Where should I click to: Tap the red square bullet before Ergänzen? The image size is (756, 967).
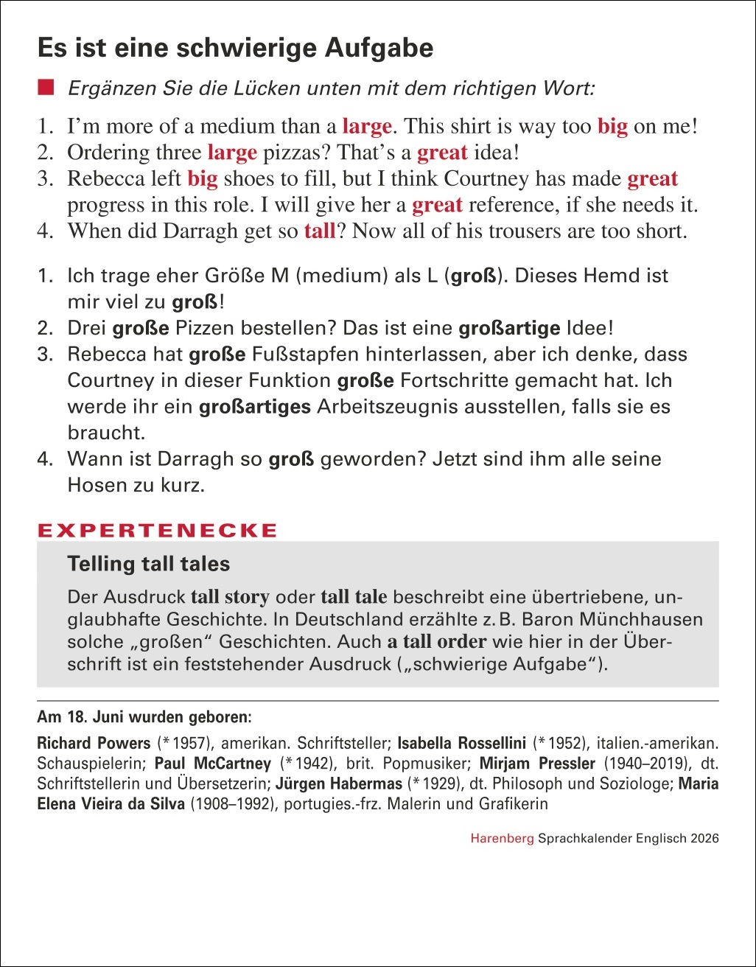point(48,88)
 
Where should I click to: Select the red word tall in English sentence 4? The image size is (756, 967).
point(320,231)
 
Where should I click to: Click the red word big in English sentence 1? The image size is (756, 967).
point(612,127)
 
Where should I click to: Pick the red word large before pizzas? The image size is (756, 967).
point(232,153)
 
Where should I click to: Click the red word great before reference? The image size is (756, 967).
point(437,205)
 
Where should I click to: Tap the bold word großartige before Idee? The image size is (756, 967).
point(508,328)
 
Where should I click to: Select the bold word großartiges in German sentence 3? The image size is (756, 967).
point(255,407)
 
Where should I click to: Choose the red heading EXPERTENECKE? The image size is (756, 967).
point(158,531)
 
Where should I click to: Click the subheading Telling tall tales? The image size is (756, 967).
point(149,565)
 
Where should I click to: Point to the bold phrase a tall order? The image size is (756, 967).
point(437,641)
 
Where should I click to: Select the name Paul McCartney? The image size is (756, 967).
point(213,764)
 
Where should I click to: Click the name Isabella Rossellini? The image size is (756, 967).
point(461,743)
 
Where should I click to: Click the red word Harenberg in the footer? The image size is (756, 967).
point(503,839)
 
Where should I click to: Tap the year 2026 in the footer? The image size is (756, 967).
point(704,839)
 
